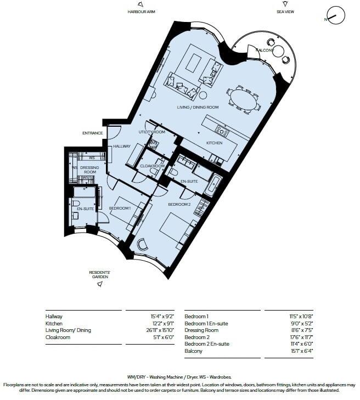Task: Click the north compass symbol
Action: tap(335, 16)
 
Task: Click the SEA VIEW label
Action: tap(286, 11)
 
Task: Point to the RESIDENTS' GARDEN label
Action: tap(100, 274)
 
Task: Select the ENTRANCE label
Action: tap(92, 133)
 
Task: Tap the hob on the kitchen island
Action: tap(222, 131)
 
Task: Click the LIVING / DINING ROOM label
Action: tap(198, 107)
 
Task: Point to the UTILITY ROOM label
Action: tap(152, 132)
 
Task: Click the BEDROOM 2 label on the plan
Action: tap(178, 204)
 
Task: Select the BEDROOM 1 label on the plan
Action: tap(119, 209)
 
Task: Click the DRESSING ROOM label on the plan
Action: tap(88, 169)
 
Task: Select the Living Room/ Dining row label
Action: tap(69, 330)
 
